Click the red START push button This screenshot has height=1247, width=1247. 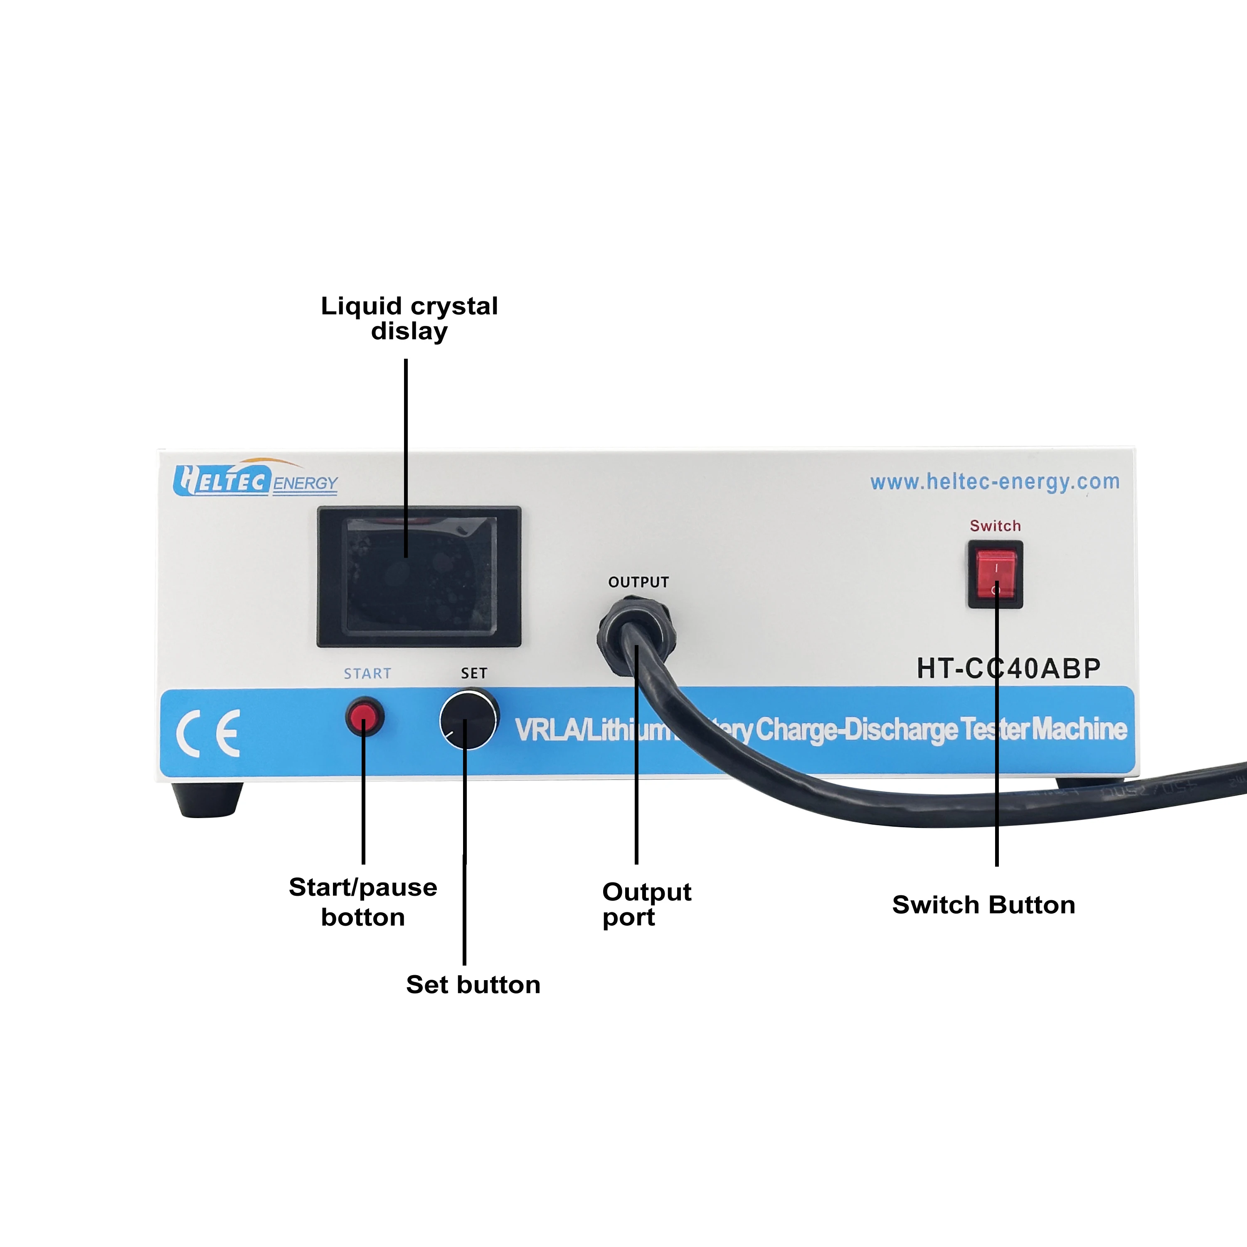[x=365, y=717]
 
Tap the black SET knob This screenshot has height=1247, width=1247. [x=468, y=720]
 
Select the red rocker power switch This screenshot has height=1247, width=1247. [x=995, y=574]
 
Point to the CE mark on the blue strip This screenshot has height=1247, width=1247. [x=208, y=733]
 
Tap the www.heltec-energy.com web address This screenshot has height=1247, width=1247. [x=995, y=481]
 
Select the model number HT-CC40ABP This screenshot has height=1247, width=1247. [x=1008, y=669]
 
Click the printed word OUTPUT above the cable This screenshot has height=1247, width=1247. [x=638, y=582]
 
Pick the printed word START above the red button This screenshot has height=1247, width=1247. [x=367, y=674]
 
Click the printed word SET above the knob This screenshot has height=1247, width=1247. [x=474, y=674]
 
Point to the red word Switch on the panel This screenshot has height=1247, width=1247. [x=995, y=526]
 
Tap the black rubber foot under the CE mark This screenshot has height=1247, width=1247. [x=207, y=799]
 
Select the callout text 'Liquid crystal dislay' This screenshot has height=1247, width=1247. [x=409, y=318]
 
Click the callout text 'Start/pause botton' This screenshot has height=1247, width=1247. [x=363, y=902]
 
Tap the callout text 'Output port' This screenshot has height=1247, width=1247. [x=646, y=904]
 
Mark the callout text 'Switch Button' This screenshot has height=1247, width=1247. [x=983, y=905]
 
